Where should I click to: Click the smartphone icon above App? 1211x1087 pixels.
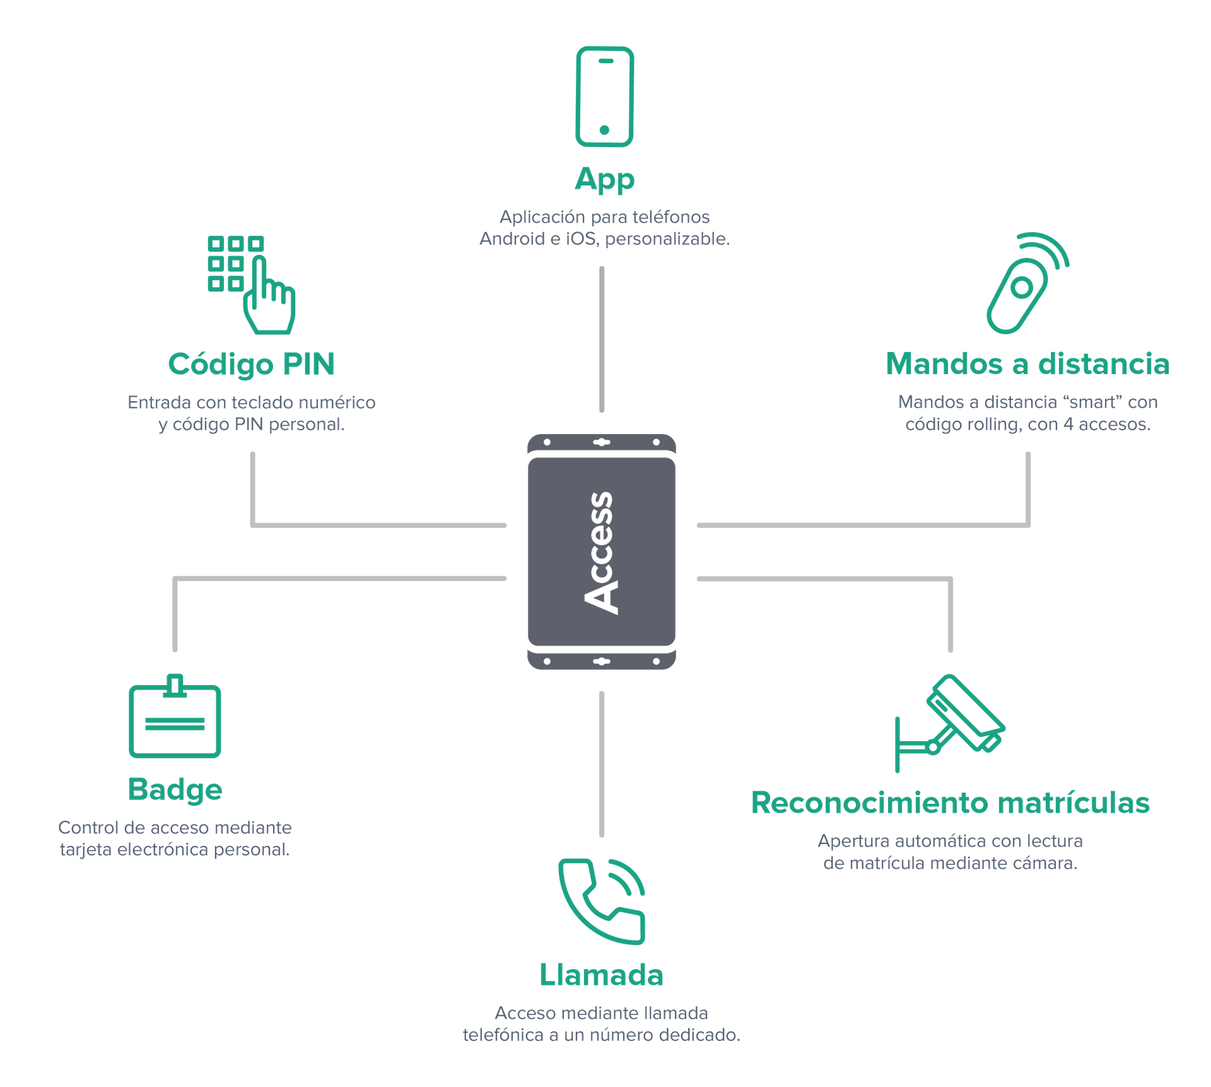tap(604, 97)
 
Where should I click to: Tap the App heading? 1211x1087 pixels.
tap(604, 180)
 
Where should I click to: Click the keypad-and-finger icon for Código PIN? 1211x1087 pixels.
tap(251, 285)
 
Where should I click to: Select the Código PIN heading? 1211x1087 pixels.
tap(251, 364)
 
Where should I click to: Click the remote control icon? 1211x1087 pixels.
tap(1024, 284)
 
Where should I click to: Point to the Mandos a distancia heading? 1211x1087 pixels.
tap(1027, 364)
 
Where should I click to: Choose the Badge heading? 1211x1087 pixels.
tap(175, 789)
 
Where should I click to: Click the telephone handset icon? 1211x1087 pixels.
tap(602, 900)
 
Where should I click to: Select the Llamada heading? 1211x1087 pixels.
tap(601, 975)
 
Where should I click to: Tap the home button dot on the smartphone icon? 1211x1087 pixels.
tap(604, 130)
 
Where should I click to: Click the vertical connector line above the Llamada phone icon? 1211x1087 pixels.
tap(602, 764)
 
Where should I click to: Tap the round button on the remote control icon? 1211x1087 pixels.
tap(1021, 288)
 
